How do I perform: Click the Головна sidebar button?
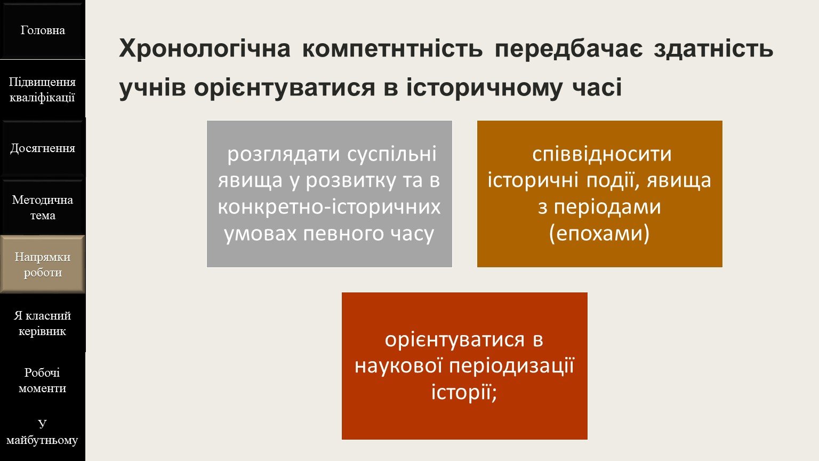[43, 30]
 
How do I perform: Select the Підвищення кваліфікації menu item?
[43, 90]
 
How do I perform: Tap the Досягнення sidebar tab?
[43, 148]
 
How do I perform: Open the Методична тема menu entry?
[43, 208]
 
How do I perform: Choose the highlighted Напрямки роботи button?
[43, 265]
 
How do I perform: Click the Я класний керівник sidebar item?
[43, 323]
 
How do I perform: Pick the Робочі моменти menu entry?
[43, 380]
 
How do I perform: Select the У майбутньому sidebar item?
[43, 432]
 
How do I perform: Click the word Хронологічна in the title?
[205, 49]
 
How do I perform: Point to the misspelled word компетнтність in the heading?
[392, 49]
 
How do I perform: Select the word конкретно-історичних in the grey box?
[329, 207]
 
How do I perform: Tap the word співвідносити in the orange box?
[602, 154]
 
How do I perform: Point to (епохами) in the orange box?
[599, 233]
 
